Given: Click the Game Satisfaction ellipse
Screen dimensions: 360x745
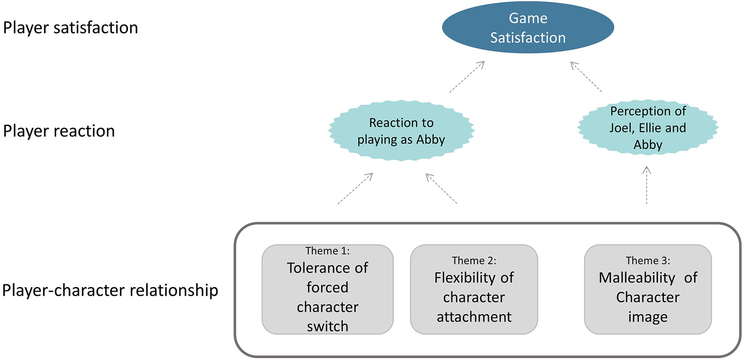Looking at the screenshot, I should tap(528, 28).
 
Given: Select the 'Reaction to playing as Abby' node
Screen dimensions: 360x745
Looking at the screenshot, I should tap(401, 131).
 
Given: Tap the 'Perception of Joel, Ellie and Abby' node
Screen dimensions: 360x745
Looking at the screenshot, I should tap(647, 127).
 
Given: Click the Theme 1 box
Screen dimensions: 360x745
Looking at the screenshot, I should tap(328, 289).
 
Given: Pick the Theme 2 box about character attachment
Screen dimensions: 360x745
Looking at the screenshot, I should tap(474, 289).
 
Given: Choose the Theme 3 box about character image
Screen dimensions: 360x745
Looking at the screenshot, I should tap(647, 289).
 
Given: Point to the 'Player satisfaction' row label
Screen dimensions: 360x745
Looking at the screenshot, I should tap(70, 28).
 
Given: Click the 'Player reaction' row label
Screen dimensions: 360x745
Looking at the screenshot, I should tap(59, 131).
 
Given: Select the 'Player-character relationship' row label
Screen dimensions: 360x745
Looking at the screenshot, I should tap(110, 290).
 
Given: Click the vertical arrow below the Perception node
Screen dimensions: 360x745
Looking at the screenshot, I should tap(647, 185).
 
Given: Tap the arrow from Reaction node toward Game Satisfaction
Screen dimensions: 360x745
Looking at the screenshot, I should tap(467, 77).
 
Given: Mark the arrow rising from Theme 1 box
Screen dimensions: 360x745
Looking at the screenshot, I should tap(355, 188).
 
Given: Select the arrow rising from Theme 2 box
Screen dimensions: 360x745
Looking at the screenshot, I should tap(441, 188).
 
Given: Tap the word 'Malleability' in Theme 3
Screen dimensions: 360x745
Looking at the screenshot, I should tap(637, 278).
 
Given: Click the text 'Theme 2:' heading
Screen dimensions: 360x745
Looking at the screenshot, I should tap(474, 261).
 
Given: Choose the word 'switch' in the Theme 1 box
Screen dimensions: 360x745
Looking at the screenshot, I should tap(328, 326).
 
